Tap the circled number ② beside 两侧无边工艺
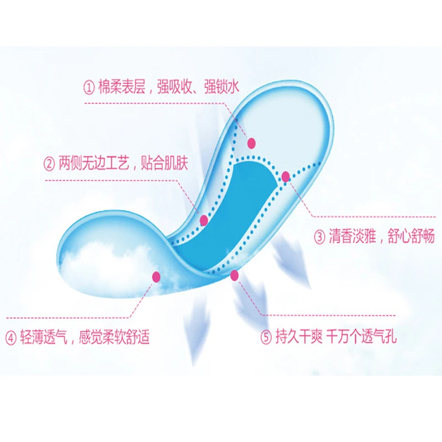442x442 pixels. tap(50, 164)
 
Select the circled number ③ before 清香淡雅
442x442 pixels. tap(320, 237)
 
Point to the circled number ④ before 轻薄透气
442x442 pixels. tap(11, 337)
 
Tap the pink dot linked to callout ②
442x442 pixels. tap(204, 220)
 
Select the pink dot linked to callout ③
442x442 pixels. tap(286, 177)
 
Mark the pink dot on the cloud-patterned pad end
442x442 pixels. tap(156, 275)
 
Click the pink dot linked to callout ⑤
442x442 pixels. tap(234, 275)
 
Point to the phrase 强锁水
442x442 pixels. tap(223, 86)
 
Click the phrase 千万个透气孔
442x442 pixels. tap(362, 337)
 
